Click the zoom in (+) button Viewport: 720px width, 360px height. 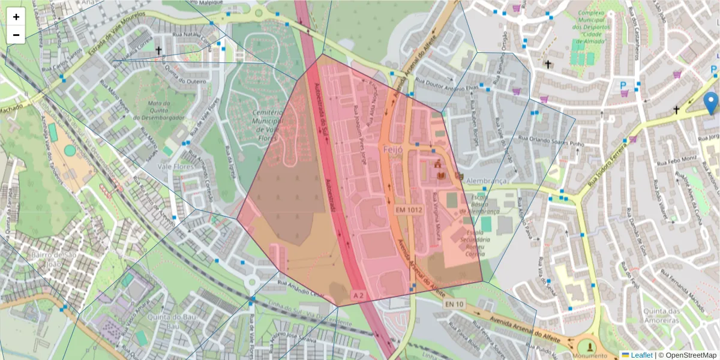pyautogui.click(x=16, y=17)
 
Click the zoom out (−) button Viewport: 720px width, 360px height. pyautogui.click(x=16, y=35)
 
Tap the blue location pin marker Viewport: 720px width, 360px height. pyautogui.click(x=712, y=103)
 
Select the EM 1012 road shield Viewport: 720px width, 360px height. pyautogui.click(x=409, y=210)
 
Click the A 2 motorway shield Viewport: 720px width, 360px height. pyautogui.click(x=358, y=295)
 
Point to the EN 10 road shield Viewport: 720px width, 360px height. pyautogui.click(x=454, y=304)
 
